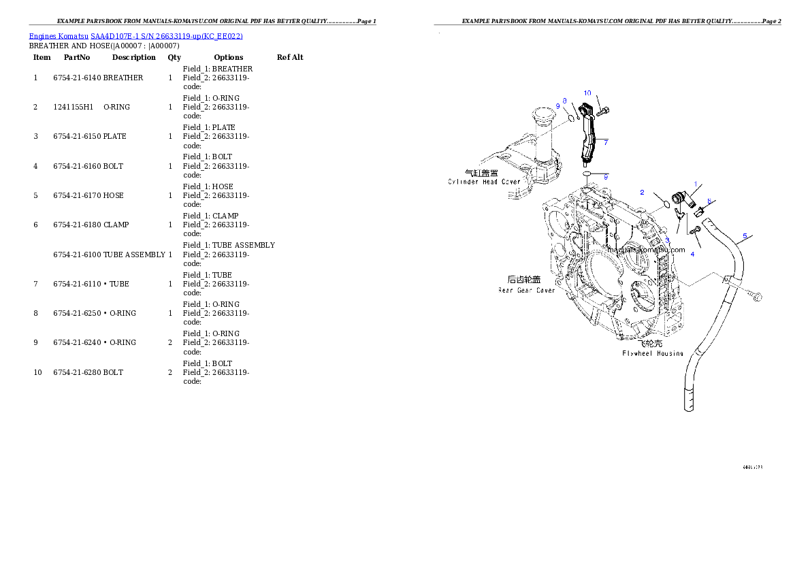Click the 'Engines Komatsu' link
[59, 36]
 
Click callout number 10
[587, 93]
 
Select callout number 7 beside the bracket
[605, 142]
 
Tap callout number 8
[564, 100]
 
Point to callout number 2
[641, 192]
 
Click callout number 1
[695, 184]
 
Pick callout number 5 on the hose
[745, 236]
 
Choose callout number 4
[692, 254]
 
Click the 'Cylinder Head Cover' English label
[484, 182]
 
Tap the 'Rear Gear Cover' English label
[526, 291]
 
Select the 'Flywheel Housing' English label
[652, 354]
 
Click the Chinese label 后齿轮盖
[525, 280]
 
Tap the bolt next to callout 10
[604, 111]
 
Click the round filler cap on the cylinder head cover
[545, 113]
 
